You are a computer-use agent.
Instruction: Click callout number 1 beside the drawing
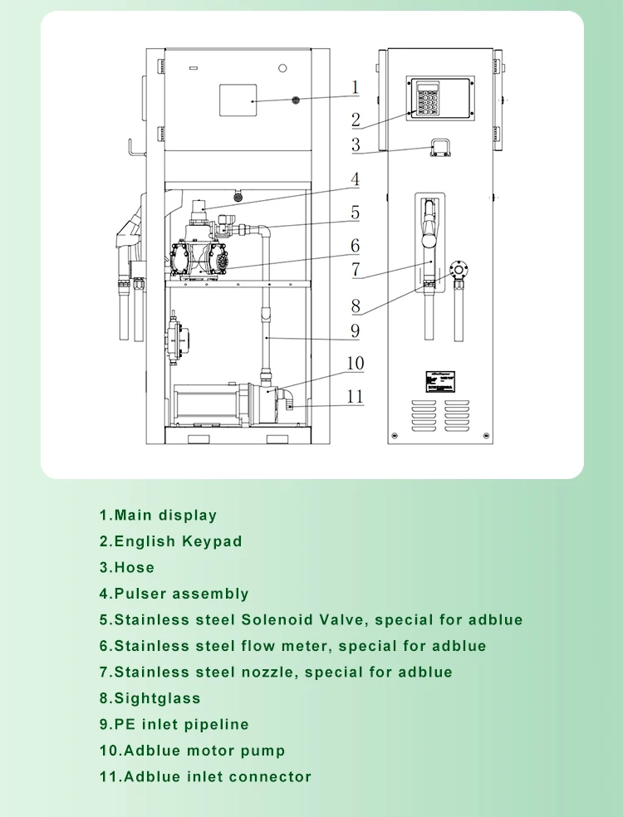(x=355, y=87)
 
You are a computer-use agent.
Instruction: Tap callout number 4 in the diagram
(x=355, y=179)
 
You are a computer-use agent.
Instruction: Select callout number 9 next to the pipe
(x=355, y=331)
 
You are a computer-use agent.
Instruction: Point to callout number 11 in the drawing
(x=355, y=396)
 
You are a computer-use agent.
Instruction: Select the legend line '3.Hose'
(x=127, y=568)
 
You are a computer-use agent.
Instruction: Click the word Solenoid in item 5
(x=277, y=620)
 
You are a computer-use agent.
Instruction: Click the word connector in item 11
(x=272, y=777)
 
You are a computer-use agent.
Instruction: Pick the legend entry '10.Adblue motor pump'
(x=193, y=751)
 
